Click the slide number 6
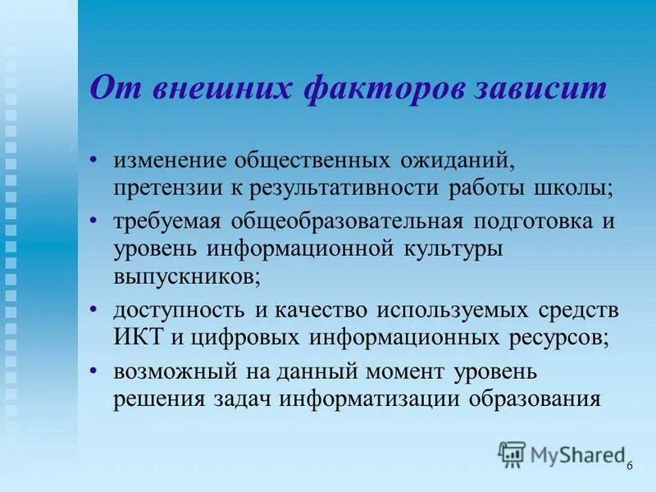pos(630,466)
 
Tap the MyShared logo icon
pos(512,453)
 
